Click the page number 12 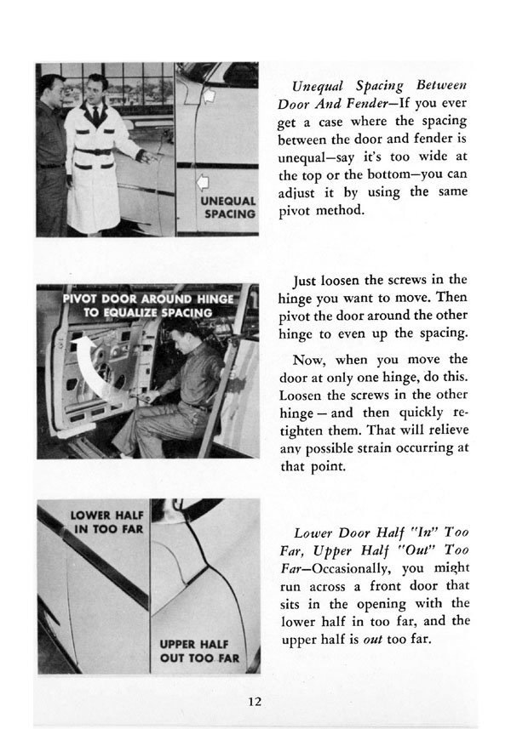pos(255,702)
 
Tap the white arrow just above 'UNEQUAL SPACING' pos(204,180)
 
